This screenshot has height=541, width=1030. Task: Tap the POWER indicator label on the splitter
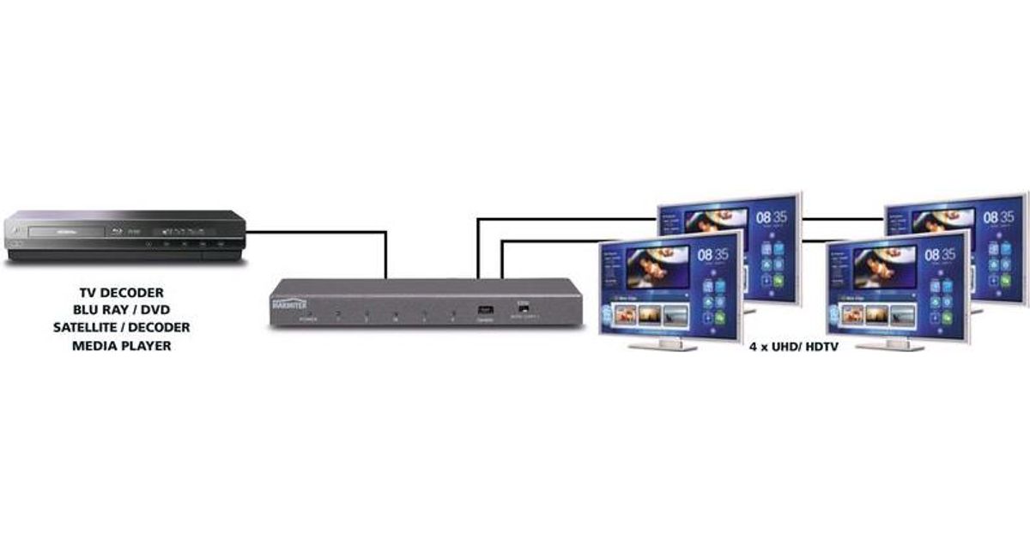[307, 319]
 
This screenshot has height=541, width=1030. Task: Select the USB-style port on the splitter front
[485, 307]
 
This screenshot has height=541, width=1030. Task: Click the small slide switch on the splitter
[521, 306]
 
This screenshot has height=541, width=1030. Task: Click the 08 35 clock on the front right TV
[940, 255]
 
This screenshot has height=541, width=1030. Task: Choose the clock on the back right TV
[1000, 218]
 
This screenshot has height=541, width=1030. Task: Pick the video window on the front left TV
[657, 267]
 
